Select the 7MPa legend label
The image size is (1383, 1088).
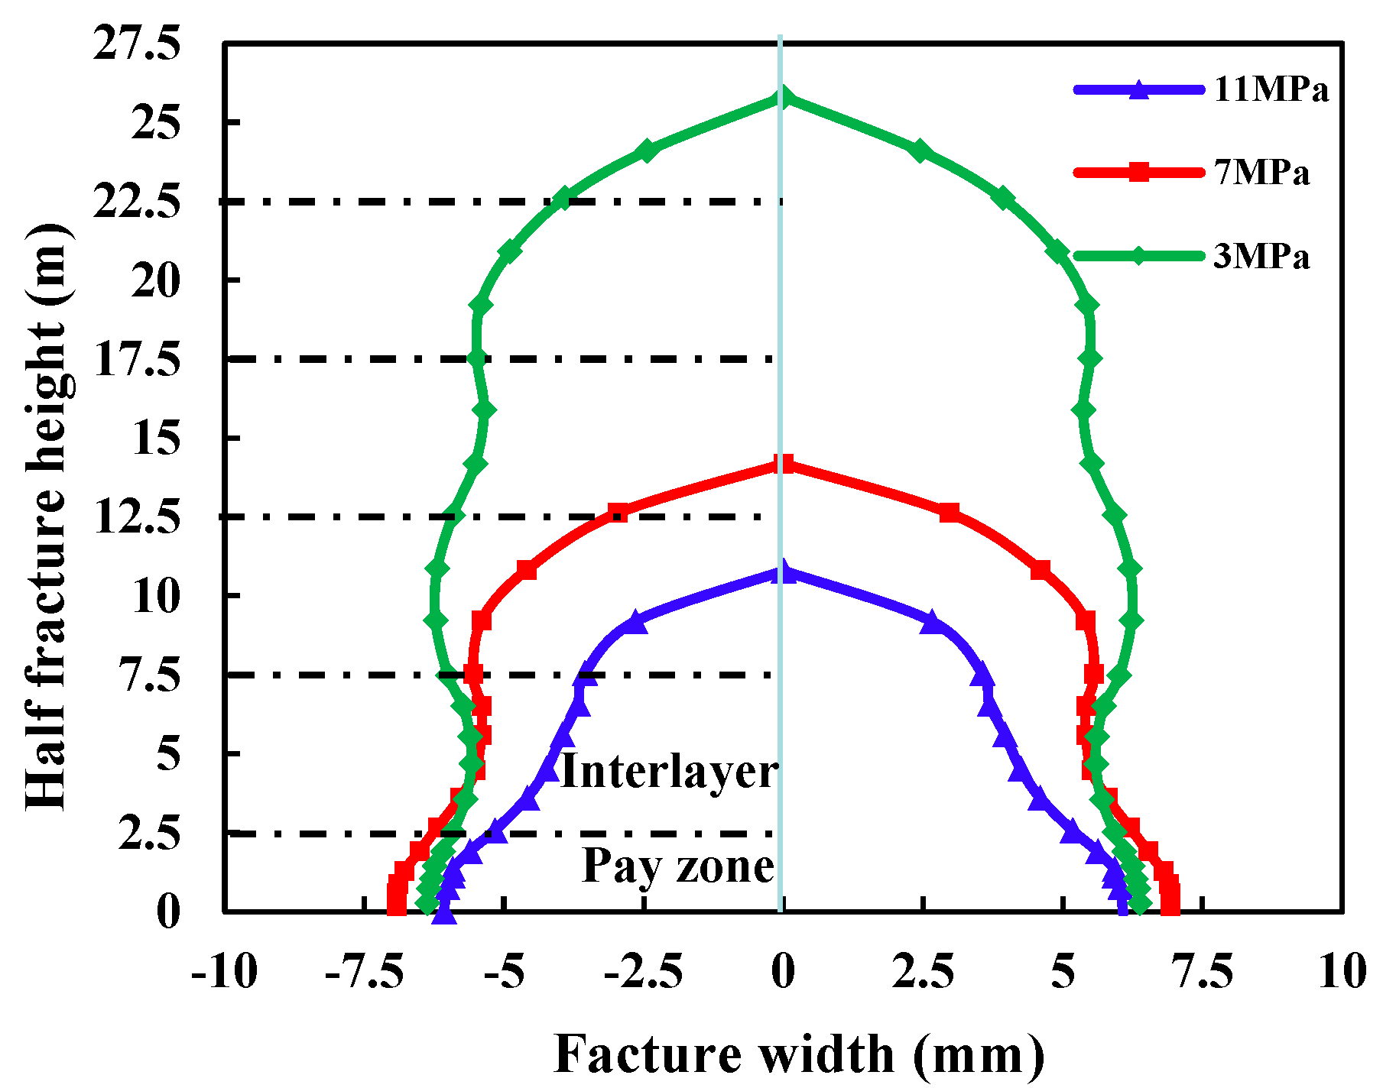[1261, 173]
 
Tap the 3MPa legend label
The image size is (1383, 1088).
[1261, 257]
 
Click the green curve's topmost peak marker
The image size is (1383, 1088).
[781, 97]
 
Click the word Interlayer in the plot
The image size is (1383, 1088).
[669, 772]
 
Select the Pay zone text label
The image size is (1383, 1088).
[678, 866]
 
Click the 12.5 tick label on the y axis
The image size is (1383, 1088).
[137, 518]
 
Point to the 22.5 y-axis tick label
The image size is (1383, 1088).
[137, 202]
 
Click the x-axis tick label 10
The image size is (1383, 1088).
[1342, 972]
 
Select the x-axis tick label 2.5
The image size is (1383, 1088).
[923, 972]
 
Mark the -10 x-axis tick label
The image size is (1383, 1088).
[224, 972]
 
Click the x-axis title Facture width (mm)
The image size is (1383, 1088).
[798, 1054]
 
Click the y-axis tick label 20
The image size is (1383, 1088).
[156, 280]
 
